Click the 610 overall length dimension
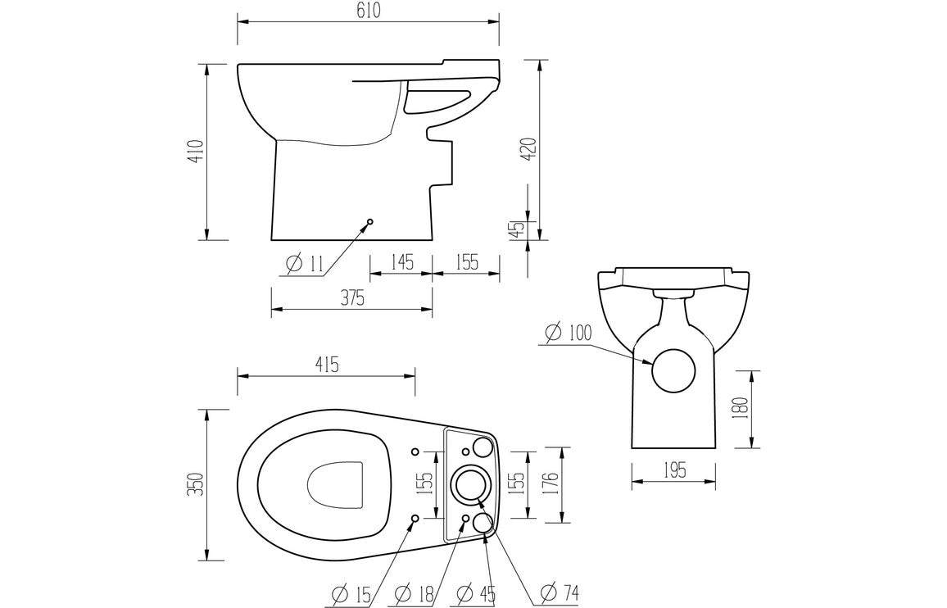368,11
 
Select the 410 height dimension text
195,152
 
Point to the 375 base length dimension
352,298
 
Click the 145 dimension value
401,262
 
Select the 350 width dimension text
195,484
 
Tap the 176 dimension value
550,484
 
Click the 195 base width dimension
673,470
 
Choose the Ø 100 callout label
568,333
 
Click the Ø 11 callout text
306,264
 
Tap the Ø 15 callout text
353,592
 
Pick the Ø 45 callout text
476,592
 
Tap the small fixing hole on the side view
370,221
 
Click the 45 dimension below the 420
516,230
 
